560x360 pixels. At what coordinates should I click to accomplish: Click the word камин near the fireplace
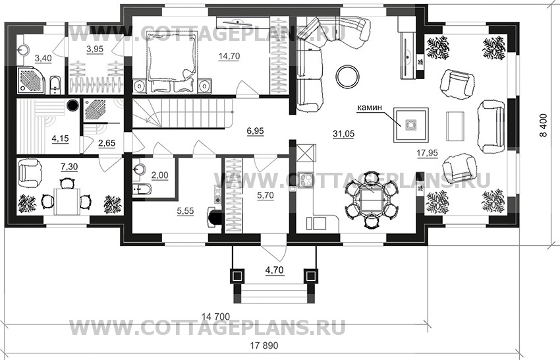tap(370, 106)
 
